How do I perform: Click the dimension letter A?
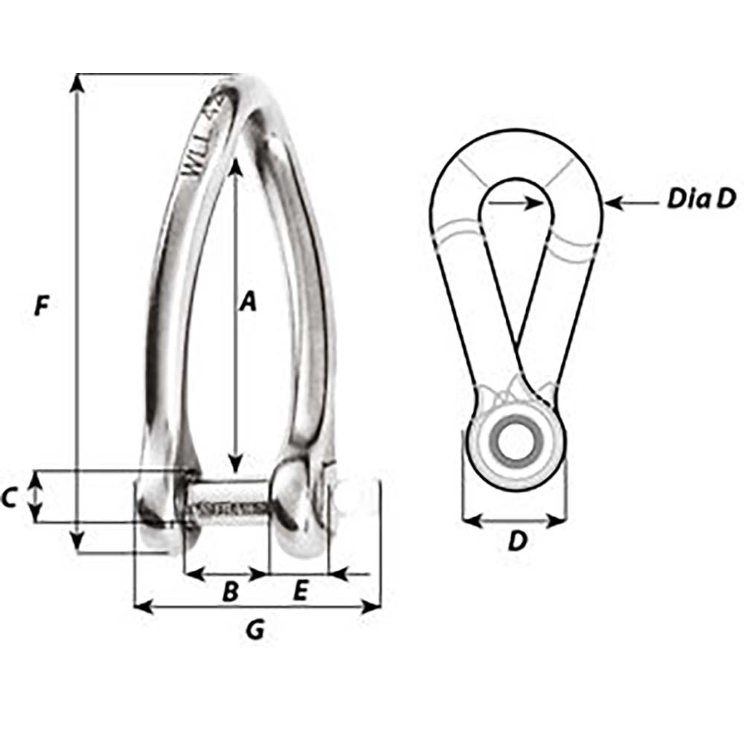point(248,301)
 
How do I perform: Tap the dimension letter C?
point(10,498)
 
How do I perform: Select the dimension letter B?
point(231,592)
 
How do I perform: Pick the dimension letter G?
point(255,631)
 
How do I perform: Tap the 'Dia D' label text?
point(700,199)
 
